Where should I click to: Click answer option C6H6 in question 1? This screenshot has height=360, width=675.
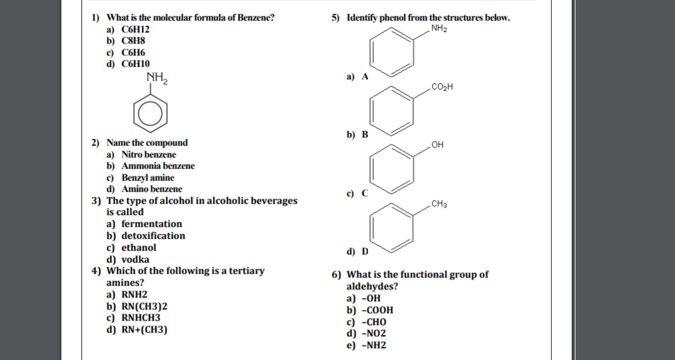coord(132,52)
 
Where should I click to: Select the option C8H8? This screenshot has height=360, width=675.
coord(132,41)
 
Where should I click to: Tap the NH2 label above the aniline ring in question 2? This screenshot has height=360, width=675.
coord(157,78)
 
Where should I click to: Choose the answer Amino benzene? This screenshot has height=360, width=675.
coord(152,189)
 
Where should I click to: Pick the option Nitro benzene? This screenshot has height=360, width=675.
coord(149,154)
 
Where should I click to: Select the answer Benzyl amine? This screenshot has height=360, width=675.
coord(147,177)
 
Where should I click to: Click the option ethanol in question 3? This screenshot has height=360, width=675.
coord(139,247)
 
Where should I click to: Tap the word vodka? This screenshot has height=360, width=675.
coord(135,259)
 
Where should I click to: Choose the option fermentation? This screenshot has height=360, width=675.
coord(152,224)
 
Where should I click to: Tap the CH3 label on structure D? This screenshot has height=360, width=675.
coord(439,204)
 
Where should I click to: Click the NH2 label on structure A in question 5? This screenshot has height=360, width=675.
coord(439,28)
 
